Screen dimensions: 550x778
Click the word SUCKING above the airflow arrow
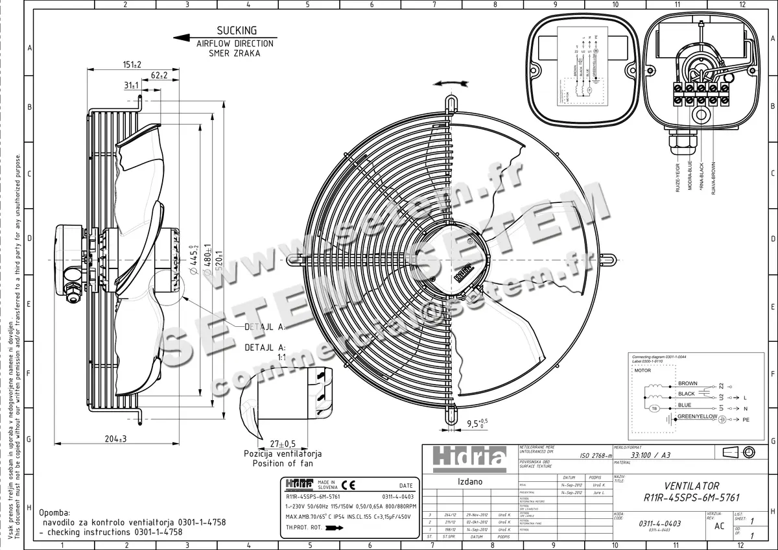pos(237,30)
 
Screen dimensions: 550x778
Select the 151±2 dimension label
pos(132,64)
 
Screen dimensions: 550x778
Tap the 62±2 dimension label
pos(158,75)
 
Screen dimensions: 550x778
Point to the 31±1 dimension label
pos(131,86)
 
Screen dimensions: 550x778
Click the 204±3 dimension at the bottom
pos(115,439)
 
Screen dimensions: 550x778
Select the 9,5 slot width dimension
pos(477,424)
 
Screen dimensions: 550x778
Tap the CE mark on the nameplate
pos(348,484)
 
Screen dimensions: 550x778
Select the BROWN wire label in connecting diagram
pos(687,383)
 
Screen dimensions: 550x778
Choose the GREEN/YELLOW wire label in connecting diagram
pos(697,416)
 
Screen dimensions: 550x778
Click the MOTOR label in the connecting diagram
pos(642,370)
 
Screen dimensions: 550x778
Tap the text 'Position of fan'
pos(283,463)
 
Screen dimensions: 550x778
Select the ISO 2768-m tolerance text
pos(591,456)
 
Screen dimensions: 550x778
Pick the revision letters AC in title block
pos(719,526)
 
